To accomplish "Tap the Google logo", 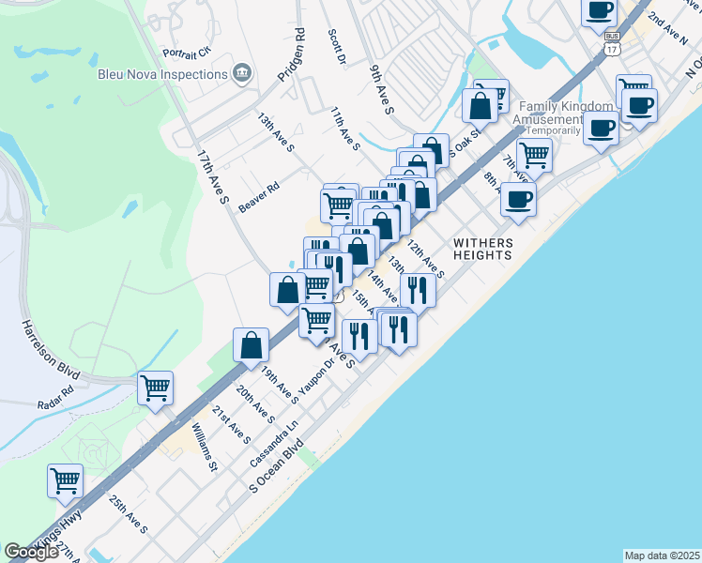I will point(32,552).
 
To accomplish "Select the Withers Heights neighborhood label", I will point(482,248).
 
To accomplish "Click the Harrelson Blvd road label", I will point(48,346).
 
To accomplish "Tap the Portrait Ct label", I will point(188,51).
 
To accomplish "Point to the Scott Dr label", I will point(337,46).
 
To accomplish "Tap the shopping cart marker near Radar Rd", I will point(155,386).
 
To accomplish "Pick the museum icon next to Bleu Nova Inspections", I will point(242,73).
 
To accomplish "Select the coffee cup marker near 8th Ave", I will point(518,199).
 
